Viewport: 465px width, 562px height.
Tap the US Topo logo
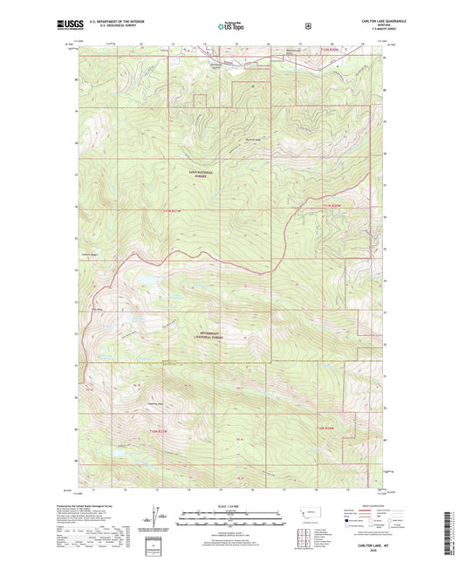coord(232,26)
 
